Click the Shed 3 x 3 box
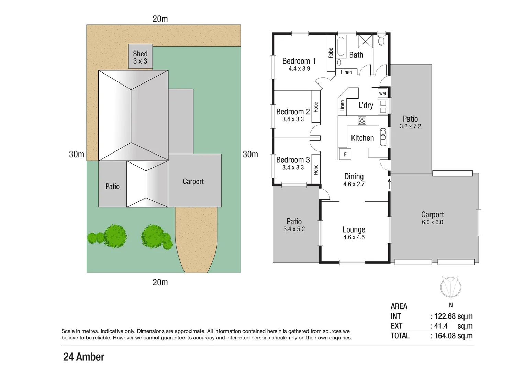point(140,56)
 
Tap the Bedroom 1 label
point(299,61)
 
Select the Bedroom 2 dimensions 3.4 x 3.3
point(293,119)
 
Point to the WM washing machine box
point(382,93)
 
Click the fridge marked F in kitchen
point(345,154)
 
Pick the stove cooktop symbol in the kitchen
point(362,121)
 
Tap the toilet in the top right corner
point(381,41)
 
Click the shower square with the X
point(365,41)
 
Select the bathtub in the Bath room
point(341,47)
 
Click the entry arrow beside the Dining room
point(389,183)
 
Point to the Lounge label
point(354,229)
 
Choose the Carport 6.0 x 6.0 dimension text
point(432,222)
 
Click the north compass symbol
point(450,287)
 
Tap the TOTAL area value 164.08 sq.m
point(453,336)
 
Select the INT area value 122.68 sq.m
point(453,316)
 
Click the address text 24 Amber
point(83,357)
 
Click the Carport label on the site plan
point(193,181)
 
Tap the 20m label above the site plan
point(160,19)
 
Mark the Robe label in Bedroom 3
point(316,169)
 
